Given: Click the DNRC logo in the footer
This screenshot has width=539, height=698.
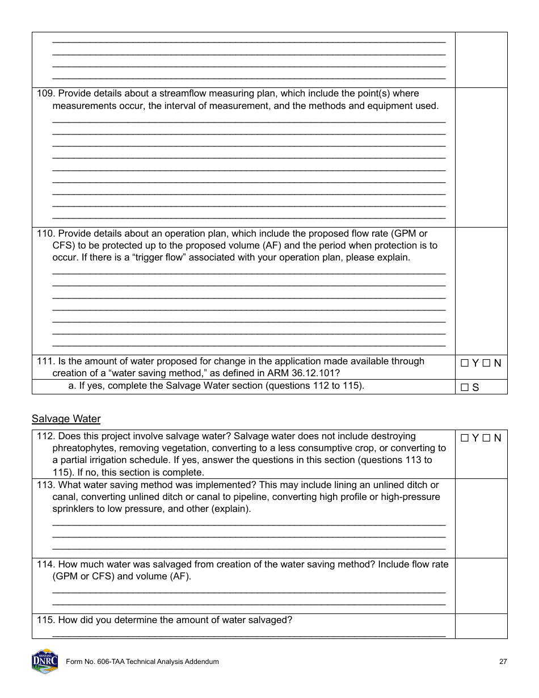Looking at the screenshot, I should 45,661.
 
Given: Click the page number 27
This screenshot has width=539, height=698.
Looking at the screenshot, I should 503,662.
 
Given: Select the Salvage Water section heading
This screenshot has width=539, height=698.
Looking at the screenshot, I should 66,419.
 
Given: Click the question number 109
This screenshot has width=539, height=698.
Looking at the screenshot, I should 45,94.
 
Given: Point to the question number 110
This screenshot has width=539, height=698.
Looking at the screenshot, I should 45,233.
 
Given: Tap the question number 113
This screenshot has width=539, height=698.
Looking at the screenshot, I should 45,485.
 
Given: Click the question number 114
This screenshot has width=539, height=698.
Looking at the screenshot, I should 45,564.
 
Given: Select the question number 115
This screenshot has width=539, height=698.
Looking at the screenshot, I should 45,620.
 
